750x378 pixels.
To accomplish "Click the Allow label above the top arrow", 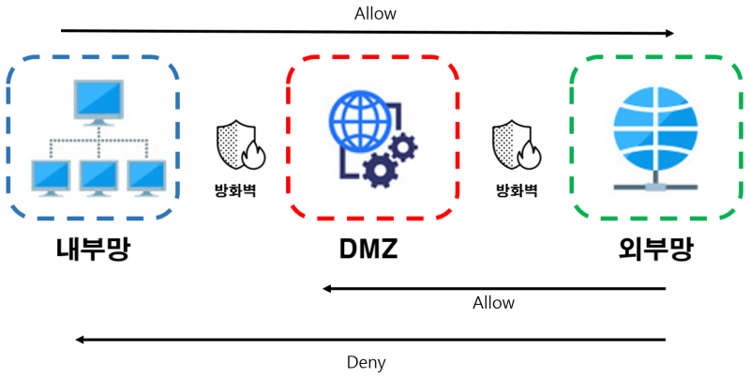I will point(375,13).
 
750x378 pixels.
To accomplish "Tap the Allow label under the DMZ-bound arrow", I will point(493,303).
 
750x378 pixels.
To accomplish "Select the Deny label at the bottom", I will point(366,362).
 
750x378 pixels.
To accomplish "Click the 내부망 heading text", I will point(92,249).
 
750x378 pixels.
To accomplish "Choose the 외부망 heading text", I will point(655,249).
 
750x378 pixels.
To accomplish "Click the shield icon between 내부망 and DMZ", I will point(235,145).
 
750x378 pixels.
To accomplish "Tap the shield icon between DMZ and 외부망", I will point(515,145).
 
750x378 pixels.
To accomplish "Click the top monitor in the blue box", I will point(98,101).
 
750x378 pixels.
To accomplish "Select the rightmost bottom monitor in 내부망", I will point(147,175).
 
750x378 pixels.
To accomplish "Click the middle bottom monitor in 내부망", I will point(98,175).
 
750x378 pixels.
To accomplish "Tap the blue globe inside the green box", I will point(655,131).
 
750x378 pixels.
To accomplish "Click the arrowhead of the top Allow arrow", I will point(669,33).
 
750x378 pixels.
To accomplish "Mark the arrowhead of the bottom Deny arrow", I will point(82,340).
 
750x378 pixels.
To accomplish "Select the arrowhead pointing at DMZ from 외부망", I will point(327,289).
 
